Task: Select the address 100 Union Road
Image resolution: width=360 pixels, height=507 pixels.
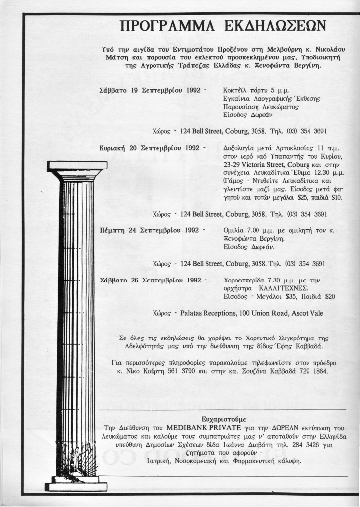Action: [266, 313]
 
